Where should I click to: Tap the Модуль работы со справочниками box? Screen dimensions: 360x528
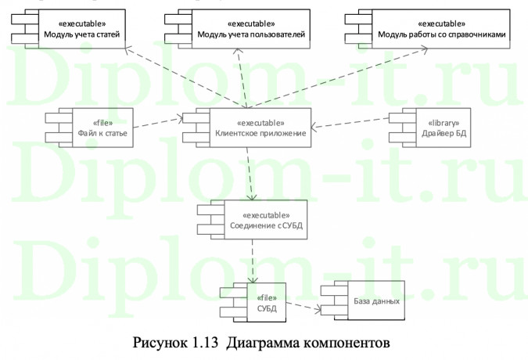[x=430, y=29]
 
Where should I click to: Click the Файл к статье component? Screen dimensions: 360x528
[x=97, y=127]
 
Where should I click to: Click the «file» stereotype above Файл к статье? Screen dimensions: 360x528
[x=102, y=122]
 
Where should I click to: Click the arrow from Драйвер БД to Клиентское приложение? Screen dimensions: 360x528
[x=352, y=126]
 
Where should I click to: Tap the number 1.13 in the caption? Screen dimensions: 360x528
[x=199, y=343]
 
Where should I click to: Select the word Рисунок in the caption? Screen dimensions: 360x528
[x=160, y=343]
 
